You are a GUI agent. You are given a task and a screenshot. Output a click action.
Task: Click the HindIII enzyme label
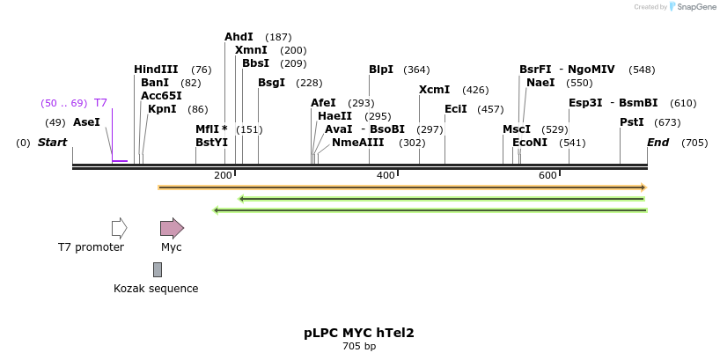click(x=156, y=70)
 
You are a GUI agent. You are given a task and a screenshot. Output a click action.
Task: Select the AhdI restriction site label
click(x=239, y=37)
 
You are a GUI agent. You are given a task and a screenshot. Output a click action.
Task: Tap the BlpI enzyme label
click(x=381, y=70)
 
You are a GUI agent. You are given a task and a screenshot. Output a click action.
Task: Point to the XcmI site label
click(x=434, y=90)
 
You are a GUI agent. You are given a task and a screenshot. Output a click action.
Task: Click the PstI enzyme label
click(x=632, y=122)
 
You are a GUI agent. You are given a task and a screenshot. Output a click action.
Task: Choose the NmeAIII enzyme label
click(x=358, y=143)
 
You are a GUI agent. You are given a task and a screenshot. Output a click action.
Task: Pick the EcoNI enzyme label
click(x=530, y=143)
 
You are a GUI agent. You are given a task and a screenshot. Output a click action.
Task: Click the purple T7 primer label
click(x=100, y=103)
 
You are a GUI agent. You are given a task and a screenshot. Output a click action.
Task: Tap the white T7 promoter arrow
click(x=120, y=228)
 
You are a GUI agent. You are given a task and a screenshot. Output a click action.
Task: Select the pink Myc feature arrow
click(x=172, y=228)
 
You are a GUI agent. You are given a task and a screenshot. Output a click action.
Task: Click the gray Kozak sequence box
click(x=158, y=269)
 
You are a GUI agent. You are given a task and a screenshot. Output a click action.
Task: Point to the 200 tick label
click(x=223, y=176)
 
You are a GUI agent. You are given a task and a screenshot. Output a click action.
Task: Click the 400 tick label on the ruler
click(x=386, y=176)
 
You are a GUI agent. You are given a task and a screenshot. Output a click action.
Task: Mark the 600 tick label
click(x=547, y=176)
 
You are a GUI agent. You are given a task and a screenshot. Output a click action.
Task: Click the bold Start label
click(x=52, y=143)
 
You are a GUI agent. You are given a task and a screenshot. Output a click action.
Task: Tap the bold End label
click(x=658, y=143)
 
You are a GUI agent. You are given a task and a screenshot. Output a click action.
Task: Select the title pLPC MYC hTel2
click(x=359, y=333)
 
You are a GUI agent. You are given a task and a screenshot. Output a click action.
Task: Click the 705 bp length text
click(x=359, y=347)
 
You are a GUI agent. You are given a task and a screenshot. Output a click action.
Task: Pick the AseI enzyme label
click(x=86, y=122)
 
